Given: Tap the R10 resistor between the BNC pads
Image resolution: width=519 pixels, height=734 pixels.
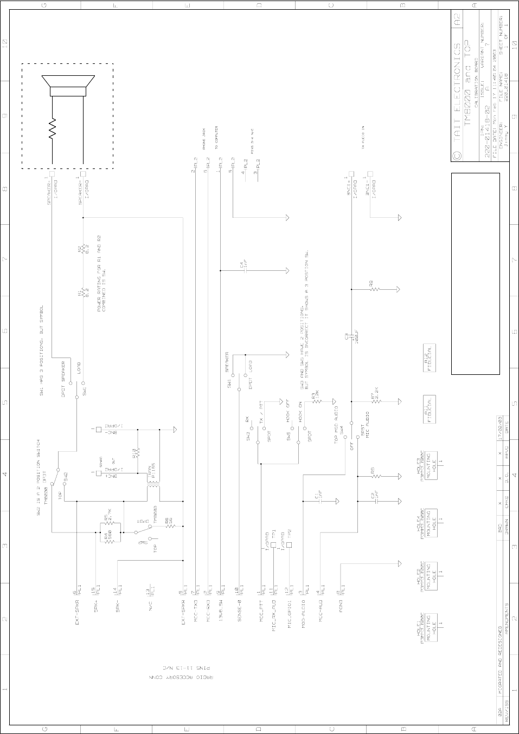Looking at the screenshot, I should click(x=138, y=451).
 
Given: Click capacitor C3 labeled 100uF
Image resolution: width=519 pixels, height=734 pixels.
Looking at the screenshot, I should click(x=351, y=337).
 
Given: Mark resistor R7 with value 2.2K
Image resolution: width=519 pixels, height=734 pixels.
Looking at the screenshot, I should click(x=374, y=401).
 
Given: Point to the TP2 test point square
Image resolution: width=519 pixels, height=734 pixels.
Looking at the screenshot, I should click(x=289, y=545).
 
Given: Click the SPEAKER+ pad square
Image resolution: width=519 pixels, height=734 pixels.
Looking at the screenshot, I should click(x=52, y=174).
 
